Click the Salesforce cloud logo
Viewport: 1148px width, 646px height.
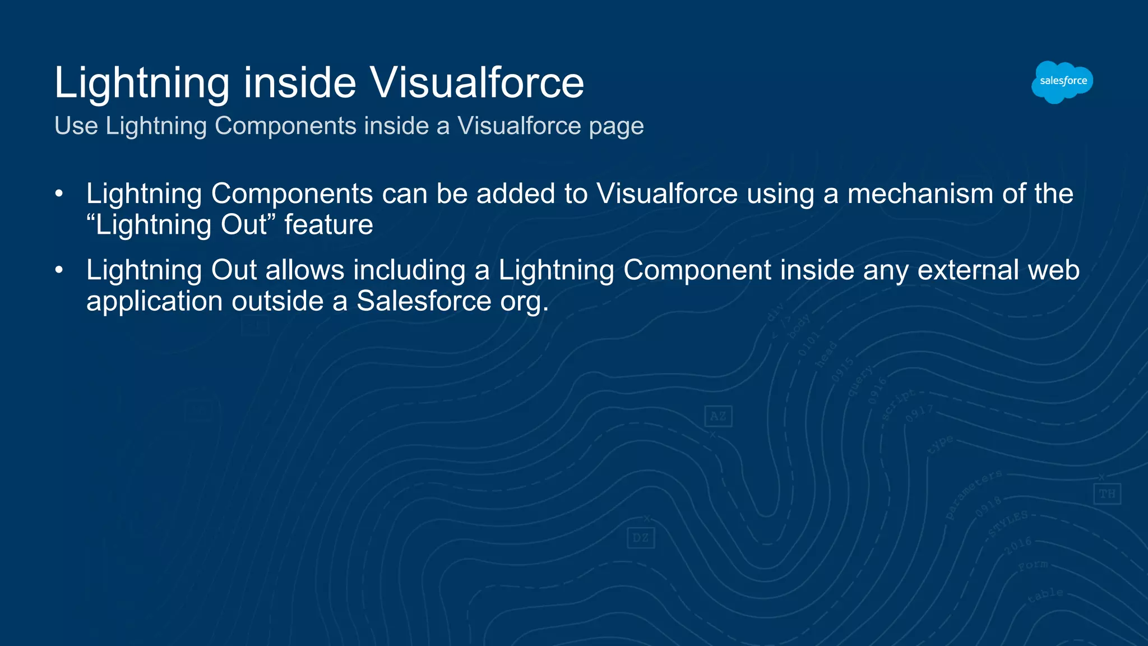(1062, 82)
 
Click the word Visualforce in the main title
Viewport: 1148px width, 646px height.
(476, 83)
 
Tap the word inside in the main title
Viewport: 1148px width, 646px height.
(299, 83)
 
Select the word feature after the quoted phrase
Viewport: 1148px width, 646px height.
(328, 225)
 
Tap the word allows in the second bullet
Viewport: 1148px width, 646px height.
(305, 270)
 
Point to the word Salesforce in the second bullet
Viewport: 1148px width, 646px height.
(424, 301)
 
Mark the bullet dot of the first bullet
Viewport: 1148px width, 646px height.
(59, 194)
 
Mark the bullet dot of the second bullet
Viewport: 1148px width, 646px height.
(59, 270)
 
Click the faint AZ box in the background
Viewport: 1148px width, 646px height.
(718, 416)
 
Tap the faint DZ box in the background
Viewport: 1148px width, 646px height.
(640, 538)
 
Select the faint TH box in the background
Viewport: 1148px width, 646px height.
(1107, 493)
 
